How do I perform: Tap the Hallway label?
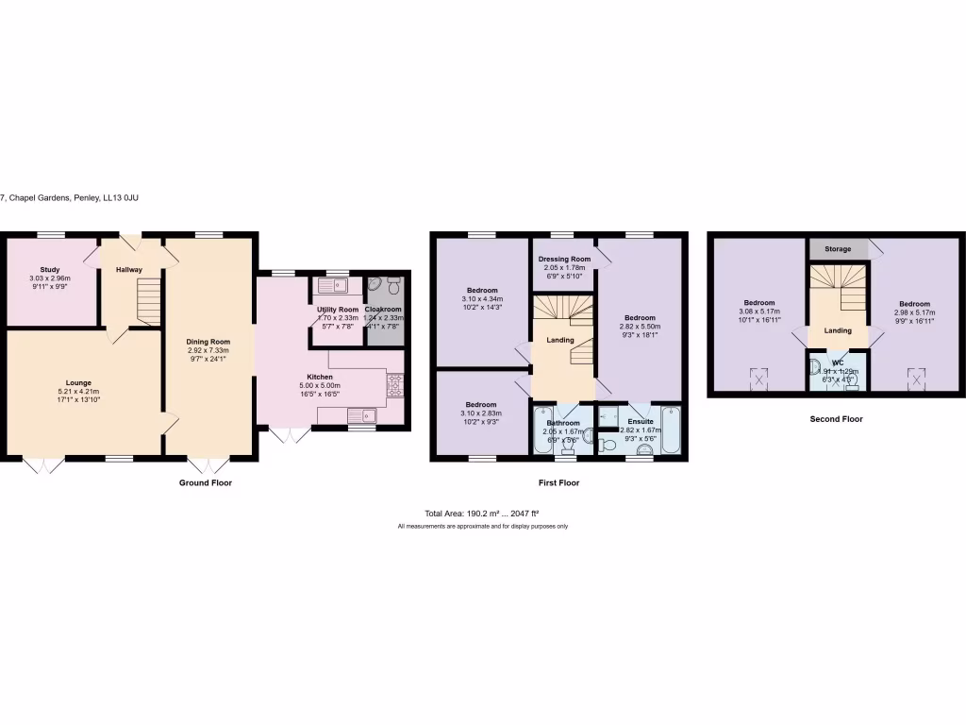tap(129, 270)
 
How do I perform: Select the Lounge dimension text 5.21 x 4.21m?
tap(79, 392)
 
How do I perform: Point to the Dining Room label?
tap(208, 342)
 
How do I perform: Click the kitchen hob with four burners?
tap(394, 384)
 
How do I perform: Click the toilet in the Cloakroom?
tap(393, 285)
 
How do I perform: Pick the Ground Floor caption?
tap(206, 482)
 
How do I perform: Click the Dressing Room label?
tap(564, 259)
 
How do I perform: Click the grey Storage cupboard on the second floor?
tap(838, 249)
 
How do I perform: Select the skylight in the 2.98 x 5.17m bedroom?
tap(914, 380)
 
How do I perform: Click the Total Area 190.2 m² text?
tap(482, 514)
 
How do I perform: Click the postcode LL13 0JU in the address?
tap(121, 198)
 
